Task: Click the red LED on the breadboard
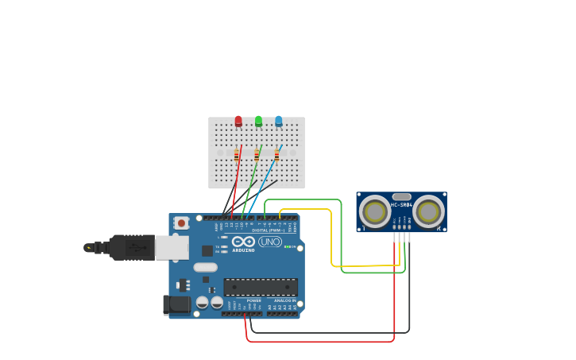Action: tap(238, 121)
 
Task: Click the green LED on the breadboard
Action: tap(258, 121)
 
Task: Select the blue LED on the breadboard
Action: tap(278, 121)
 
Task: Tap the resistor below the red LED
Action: tap(237, 156)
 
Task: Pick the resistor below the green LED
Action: tap(257, 156)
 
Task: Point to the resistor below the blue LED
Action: tap(276, 156)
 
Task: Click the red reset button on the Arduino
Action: tap(182, 223)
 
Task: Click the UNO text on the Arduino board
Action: tap(270, 242)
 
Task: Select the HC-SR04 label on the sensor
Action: tap(401, 204)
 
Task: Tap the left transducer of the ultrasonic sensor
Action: tap(374, 211)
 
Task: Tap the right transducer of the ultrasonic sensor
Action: tap(428, 211)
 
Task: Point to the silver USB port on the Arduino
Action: tap(171, 248)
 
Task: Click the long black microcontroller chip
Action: tap(261, 287)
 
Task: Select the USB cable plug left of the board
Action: tap(131, 248)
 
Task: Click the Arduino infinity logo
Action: tap(243, 242)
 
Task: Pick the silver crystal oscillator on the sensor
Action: tap(402, 196)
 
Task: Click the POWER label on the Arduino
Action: tap(253, 300)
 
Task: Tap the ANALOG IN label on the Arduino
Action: tap(284, 300)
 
